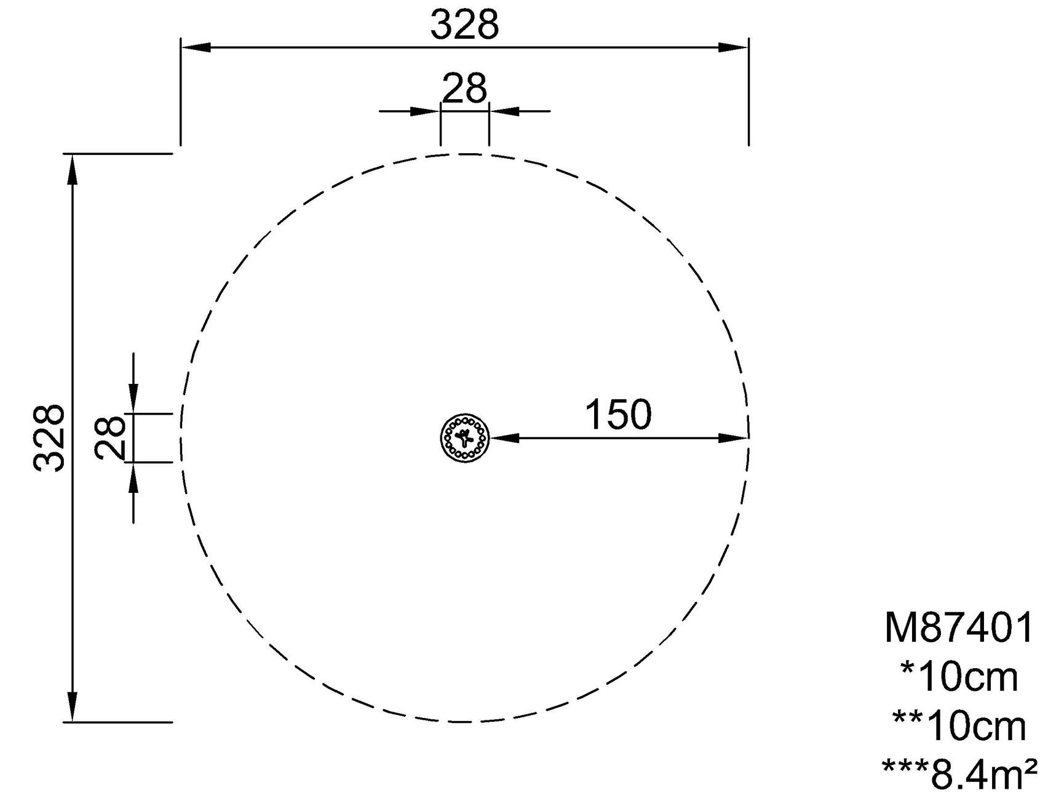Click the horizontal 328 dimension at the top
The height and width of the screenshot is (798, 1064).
tap(464, 26)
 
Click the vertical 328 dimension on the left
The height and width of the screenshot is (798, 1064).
tap(49, 437)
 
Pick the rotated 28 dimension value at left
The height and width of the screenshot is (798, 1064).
tap(111, 437)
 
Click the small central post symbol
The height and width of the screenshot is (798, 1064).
tap(465, 438)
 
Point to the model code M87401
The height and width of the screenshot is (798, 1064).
tap(959, 628)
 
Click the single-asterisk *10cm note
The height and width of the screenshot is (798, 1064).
tap(959, 677)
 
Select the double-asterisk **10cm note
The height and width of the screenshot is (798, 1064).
tap(959, 726)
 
